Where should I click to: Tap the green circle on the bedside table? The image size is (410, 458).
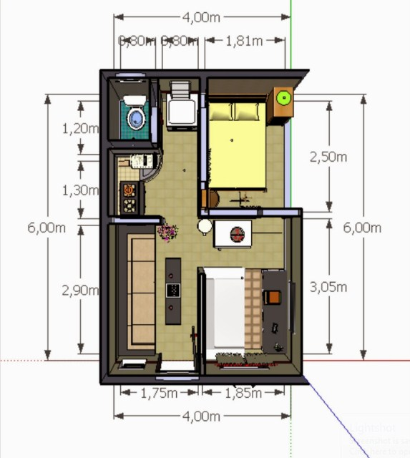(284, 98)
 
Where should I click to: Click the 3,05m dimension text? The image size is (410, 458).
(328, 287)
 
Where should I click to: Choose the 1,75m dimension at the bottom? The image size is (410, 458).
(159, 392)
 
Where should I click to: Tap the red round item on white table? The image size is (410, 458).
(237, 232)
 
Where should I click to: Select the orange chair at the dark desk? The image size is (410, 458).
(273, 296)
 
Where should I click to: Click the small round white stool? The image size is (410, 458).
(205, 227)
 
